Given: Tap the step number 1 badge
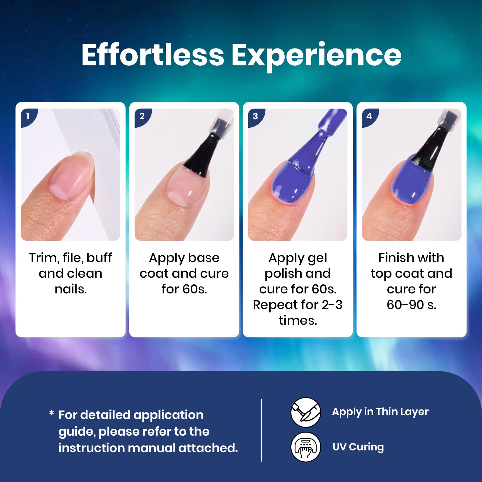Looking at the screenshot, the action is tap(28, 117).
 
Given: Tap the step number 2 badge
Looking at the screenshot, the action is tap(142, 117).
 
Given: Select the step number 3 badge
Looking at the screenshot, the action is tap(256, 117).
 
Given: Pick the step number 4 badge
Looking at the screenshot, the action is tap(370, 117).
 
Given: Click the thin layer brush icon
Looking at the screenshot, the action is tap(305, 412).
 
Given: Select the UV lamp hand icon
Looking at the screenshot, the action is tap(305, 447).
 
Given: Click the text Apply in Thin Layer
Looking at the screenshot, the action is tap(380, 412).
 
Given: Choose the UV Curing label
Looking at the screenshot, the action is tap(358, 447).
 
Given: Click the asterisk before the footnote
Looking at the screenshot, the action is tap(52, 413).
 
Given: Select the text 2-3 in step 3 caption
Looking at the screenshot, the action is tap(332, 305).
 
